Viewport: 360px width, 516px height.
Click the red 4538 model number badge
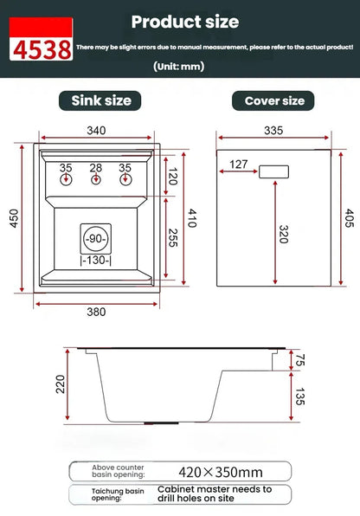pos(41,48)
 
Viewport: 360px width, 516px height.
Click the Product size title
pos(184,22)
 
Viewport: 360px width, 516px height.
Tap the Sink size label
pos(100,100)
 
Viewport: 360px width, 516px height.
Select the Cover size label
pos(273,100)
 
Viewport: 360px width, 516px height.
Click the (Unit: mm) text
pos(180,66)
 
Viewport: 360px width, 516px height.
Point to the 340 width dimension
pos(97,131)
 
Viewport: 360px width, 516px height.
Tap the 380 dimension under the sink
pos(96,313)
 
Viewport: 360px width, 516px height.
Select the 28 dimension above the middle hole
pos(96,168)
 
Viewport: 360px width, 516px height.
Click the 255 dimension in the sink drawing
pos(171,238)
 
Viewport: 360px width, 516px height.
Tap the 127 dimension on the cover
pos(240,164)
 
